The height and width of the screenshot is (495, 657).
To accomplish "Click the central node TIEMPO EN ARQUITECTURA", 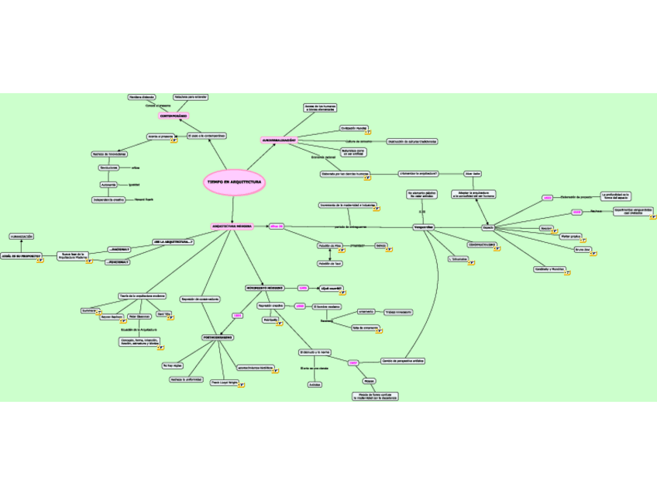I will [x=234, y=182].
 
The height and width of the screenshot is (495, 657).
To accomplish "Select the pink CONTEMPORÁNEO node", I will [x=174, y=116].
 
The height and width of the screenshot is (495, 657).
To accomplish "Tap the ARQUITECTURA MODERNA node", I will [x=232, y=227].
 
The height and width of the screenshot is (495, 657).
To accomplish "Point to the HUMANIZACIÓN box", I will [x=22, y=236].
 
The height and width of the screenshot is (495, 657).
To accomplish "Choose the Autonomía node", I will [x=108, y=185].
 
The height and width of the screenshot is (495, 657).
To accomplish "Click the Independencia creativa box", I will [x=108, y=199].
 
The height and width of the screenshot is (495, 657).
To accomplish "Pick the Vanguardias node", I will [x=424, y=227].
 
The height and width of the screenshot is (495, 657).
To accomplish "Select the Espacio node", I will [x=488, y=227].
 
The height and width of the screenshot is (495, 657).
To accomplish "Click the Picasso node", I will [x=370, y=381].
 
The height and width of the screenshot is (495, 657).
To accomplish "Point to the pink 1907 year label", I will [x=353, y=362].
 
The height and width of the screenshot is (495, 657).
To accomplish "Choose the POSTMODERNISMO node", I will [x=218, y=338].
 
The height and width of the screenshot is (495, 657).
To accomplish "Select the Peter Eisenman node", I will [x=139, y=317].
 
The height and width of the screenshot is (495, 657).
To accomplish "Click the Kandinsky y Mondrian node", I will [x=549, y=268].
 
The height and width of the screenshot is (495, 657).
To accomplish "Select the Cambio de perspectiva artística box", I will [x=403, y=361].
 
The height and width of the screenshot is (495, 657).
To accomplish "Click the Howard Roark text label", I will [x=144, y=199].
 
